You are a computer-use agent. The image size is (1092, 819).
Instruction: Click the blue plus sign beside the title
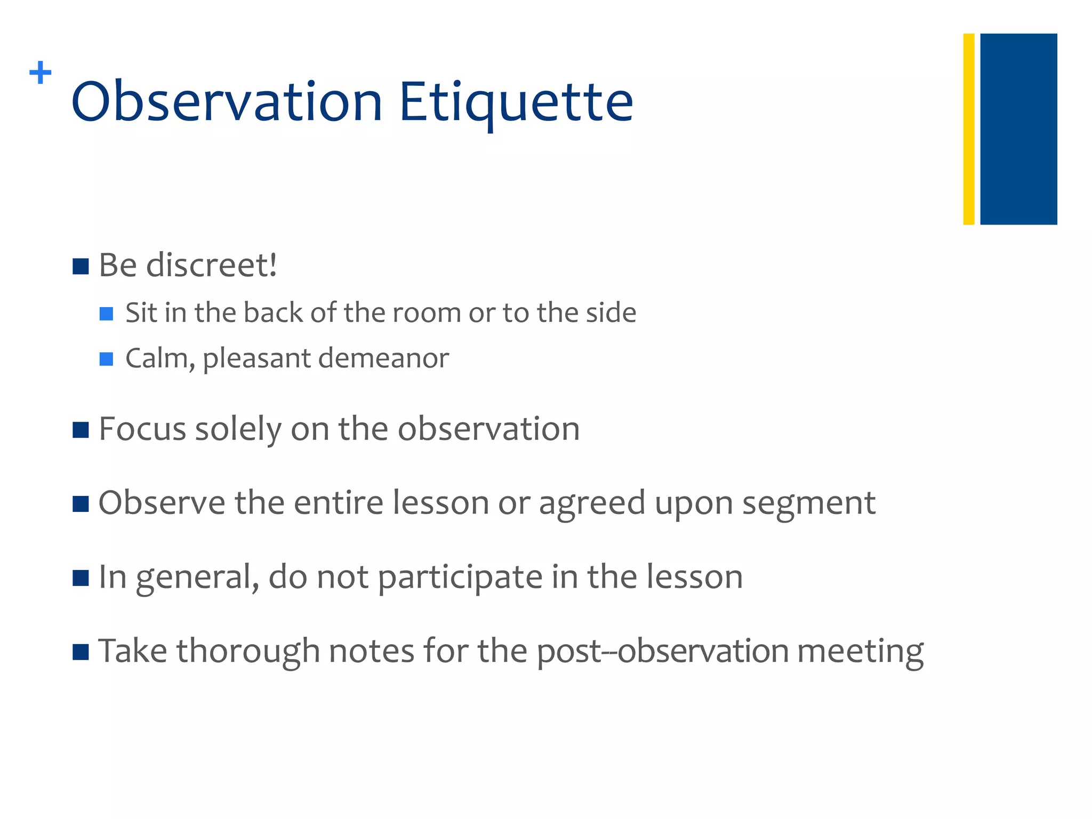41,73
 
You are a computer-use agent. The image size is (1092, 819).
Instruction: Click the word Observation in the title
227,101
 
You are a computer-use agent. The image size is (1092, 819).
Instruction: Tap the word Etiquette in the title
516,101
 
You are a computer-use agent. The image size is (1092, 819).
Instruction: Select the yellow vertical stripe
968,129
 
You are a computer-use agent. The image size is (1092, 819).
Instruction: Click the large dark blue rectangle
1018,129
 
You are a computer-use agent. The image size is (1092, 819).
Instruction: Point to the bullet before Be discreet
81,266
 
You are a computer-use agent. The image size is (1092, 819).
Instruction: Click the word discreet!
212,264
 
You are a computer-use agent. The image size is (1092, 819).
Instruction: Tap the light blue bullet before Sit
106,314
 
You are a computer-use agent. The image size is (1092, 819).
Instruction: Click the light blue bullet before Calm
106,359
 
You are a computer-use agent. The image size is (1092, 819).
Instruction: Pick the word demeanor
383,358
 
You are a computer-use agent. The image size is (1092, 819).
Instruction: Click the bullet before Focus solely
81,430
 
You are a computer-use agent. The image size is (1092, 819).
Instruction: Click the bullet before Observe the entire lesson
81,503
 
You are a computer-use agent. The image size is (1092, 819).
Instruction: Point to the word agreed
592,503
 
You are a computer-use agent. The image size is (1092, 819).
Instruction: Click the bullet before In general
81,577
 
